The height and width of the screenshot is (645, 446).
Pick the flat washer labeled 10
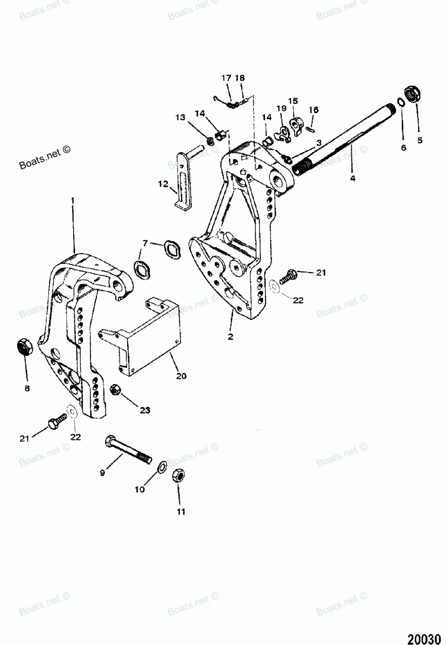[x=163, y=467]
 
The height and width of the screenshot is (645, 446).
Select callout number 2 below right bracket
[x=231, y=337]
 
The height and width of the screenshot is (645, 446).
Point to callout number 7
[x=145, y=243]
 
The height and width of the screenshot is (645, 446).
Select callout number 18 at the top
[x=240, y=78]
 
